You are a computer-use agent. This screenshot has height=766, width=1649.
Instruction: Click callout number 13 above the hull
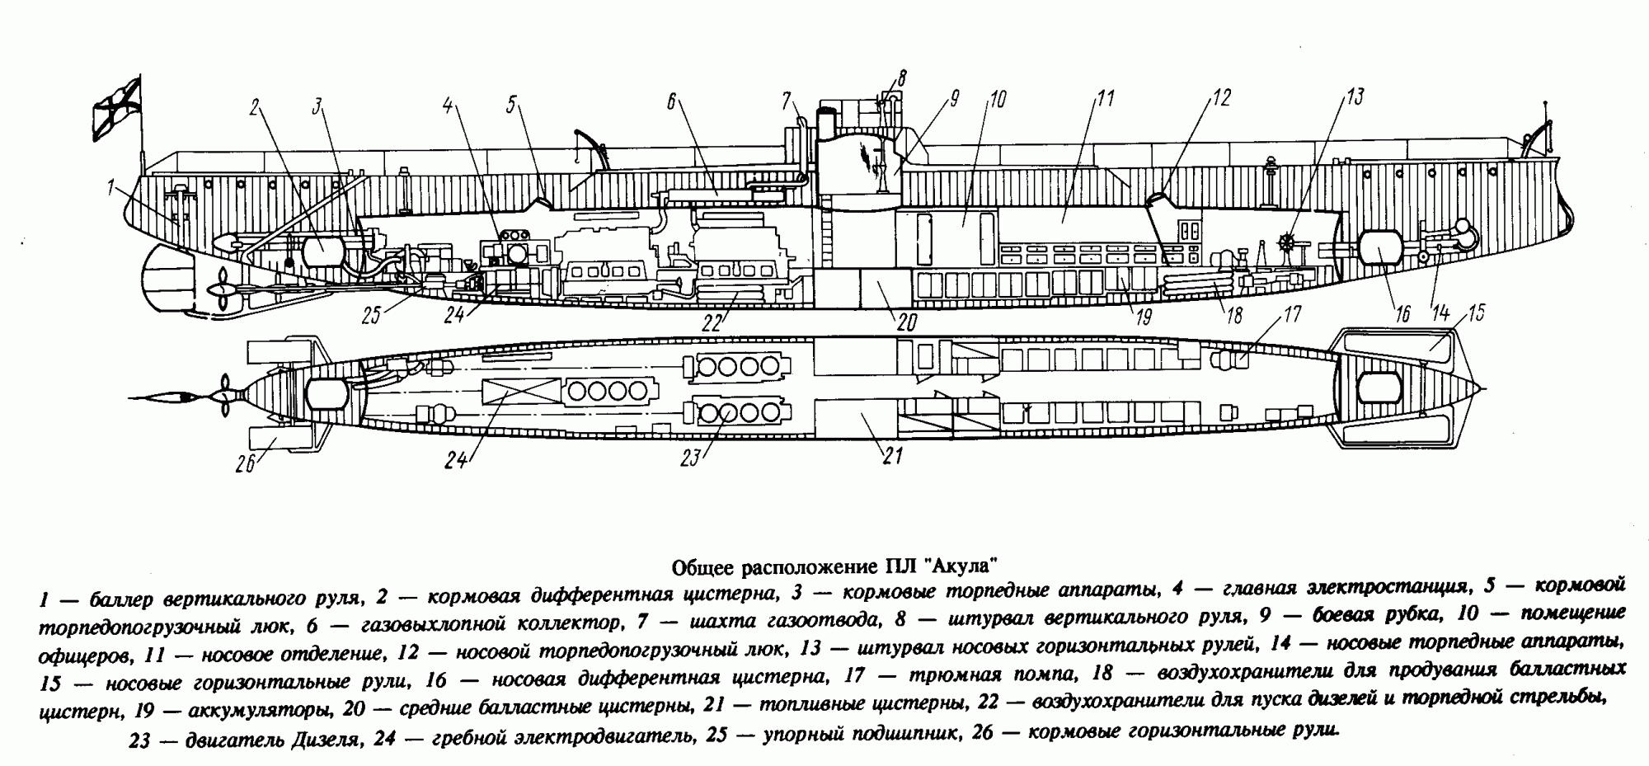[1355, 97]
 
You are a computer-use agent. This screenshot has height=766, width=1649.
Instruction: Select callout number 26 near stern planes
[245, 465]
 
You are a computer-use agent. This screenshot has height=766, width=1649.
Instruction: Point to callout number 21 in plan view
[893, 455]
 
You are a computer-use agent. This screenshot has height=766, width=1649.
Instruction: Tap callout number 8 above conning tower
[902, 79]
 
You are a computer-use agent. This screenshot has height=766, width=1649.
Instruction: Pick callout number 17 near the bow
[1290, 314]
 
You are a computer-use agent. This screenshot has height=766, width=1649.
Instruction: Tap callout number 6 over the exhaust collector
[671, 101]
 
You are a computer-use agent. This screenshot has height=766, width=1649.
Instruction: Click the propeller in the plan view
[223, 397]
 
